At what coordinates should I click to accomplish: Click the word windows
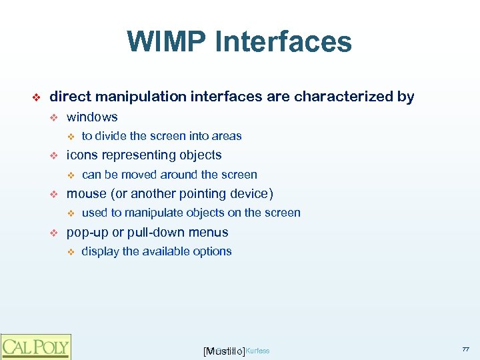click(92, 117)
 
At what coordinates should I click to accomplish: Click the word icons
click(81, 155)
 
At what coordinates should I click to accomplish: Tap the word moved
click(137, 175)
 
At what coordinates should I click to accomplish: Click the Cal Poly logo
click(35, 347)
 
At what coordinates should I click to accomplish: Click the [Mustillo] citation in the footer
click(223, 351)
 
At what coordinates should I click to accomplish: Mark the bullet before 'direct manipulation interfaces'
click(37, 97)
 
